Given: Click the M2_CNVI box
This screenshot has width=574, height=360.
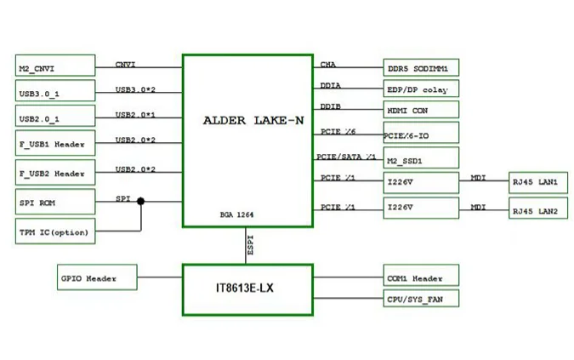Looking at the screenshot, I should (54, 67).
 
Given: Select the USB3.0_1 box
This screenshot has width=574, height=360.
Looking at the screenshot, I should (54, 92).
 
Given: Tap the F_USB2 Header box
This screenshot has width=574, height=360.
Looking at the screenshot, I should (54, 174).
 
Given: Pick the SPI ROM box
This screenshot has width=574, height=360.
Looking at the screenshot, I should (54, 203).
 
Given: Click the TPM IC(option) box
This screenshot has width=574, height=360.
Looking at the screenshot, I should (54, 231).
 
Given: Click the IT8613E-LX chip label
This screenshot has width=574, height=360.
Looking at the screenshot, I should (245, 289).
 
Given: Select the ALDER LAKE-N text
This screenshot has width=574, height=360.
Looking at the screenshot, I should (253, 120).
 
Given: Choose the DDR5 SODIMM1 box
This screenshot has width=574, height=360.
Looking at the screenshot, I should (422, 67).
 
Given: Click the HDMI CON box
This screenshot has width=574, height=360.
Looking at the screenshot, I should (422, 110).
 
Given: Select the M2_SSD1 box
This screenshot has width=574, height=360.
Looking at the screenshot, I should (422, 158).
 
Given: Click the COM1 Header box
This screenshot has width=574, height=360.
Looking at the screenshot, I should (422, 277).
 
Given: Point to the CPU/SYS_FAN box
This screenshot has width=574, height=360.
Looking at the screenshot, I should (422, 299).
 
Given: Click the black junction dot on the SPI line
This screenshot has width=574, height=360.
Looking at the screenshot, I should (140, 202).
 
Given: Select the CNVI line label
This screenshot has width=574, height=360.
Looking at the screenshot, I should (126, 64).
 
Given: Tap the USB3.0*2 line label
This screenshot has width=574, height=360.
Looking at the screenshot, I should (136, 89).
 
